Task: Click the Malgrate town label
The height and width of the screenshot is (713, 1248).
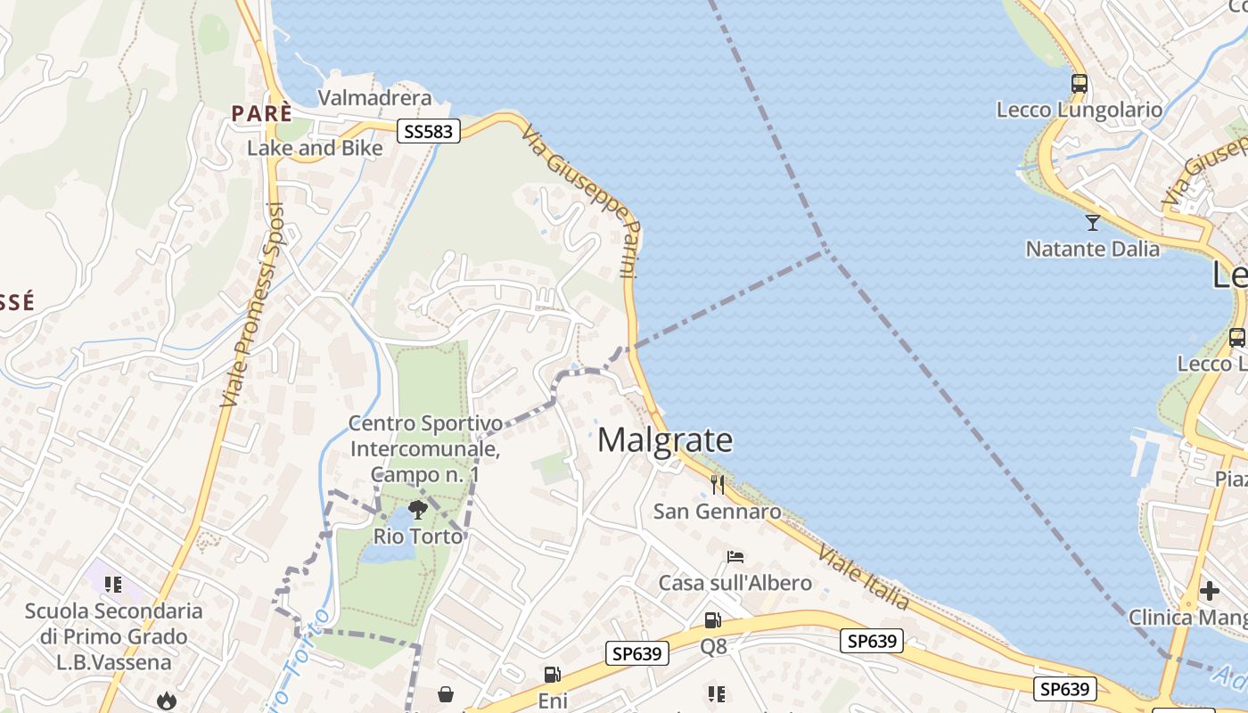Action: pos(665,440)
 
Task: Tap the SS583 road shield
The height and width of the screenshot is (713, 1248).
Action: pos(428,132)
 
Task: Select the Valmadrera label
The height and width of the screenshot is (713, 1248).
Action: pos(374,98)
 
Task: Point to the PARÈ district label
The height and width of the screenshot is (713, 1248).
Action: pos(262,113)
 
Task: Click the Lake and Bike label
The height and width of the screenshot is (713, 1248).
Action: pos(315,148)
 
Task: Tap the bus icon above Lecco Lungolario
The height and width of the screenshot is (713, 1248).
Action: pos(1080,84)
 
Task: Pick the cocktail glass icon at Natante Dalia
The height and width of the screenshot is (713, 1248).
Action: pos(1092,222)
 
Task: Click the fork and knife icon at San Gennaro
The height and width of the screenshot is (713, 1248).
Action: pos(717,485)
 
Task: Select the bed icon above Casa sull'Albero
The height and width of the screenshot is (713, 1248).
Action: pos(735,557)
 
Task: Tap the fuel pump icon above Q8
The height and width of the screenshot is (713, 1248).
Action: pos(712,620)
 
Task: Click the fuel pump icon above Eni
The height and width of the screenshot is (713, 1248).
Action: pos(553,676)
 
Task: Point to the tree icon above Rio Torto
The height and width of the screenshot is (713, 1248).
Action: pos(417,510)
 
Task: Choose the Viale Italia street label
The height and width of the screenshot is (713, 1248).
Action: pos(863,578)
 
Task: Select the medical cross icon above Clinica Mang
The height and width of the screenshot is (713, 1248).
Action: pos(1209,590)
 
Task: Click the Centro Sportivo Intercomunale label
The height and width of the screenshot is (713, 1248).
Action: pos(424,448)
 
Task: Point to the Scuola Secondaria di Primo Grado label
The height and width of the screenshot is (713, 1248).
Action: pos(113,636)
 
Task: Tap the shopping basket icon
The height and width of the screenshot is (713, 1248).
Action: pos(446,694)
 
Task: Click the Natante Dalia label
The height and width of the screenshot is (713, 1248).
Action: pos(1092,249)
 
